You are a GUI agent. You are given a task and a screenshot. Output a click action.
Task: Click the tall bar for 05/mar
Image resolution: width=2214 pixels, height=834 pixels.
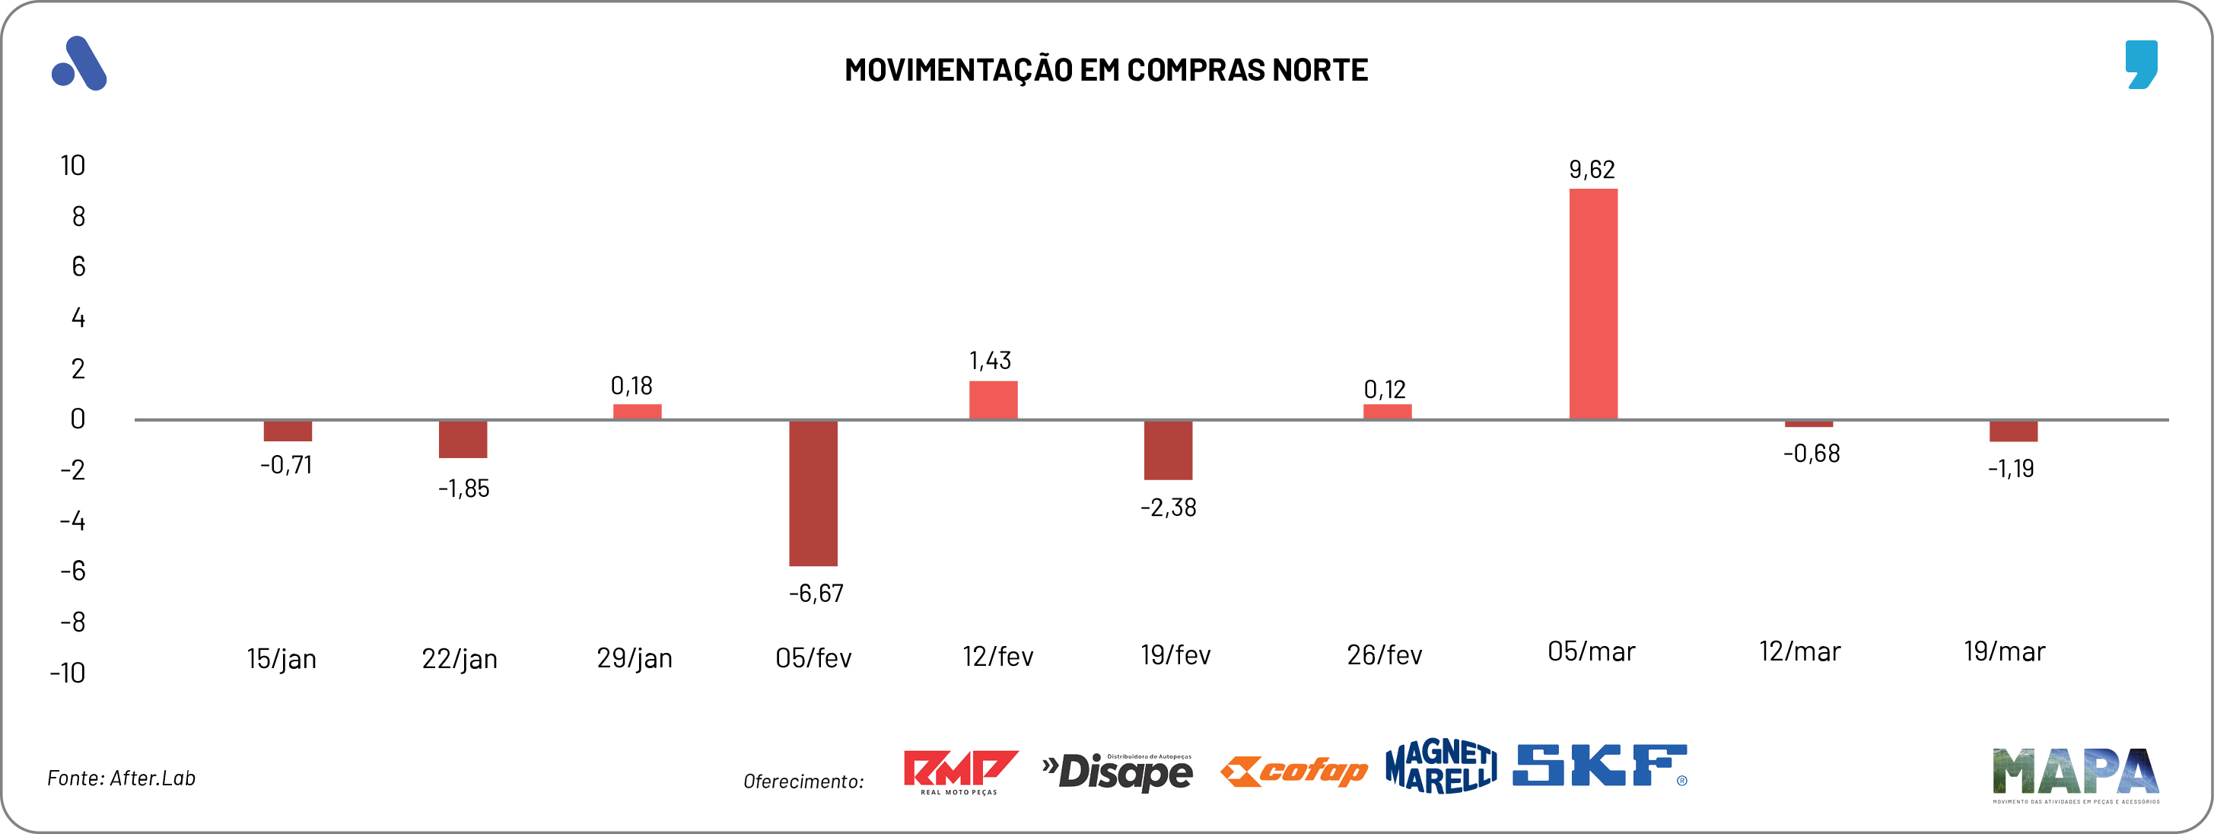tap(1592, 304)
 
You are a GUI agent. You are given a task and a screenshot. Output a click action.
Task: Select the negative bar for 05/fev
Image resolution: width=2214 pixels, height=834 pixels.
tap(813, 492)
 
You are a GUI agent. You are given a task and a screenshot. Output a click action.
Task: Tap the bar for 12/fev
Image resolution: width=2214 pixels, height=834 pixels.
tap(993, 399)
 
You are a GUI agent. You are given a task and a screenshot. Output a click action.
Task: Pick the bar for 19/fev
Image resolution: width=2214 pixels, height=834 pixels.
tap(1167, 450)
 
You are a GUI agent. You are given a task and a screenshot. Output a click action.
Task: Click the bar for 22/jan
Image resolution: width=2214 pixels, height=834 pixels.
tap(463, 439)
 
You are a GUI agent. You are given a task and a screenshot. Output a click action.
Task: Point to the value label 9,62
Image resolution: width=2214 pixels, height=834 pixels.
tap(1592, 170)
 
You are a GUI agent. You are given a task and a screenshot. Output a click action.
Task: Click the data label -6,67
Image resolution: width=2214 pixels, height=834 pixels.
tap(816, 594)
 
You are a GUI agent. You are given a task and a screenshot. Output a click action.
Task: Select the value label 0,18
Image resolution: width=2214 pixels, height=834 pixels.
tap(631, 386)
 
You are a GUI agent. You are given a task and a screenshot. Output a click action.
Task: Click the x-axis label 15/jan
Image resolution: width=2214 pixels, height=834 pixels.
tap(281, 659)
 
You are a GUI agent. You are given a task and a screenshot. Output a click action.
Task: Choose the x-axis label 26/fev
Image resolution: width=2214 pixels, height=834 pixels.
tap(1384, 655)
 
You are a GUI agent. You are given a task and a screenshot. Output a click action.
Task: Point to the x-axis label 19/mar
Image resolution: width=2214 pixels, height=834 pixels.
tap(2003, 651)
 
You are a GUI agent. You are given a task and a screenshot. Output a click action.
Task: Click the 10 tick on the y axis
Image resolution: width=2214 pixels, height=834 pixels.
tap(73, 165)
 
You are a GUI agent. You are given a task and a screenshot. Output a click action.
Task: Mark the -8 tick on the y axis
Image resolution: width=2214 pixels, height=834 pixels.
tap(73, 622)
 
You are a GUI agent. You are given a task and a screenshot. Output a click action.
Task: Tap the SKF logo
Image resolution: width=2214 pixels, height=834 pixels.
tap(1599, 766)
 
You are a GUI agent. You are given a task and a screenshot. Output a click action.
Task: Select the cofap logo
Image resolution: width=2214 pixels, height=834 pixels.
tap(1293, 772)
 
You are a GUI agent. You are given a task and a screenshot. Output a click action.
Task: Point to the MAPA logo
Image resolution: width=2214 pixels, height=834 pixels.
tap(2075, 773)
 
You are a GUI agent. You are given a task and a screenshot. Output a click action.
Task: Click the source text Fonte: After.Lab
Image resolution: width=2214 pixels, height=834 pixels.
tap(121, 778)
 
